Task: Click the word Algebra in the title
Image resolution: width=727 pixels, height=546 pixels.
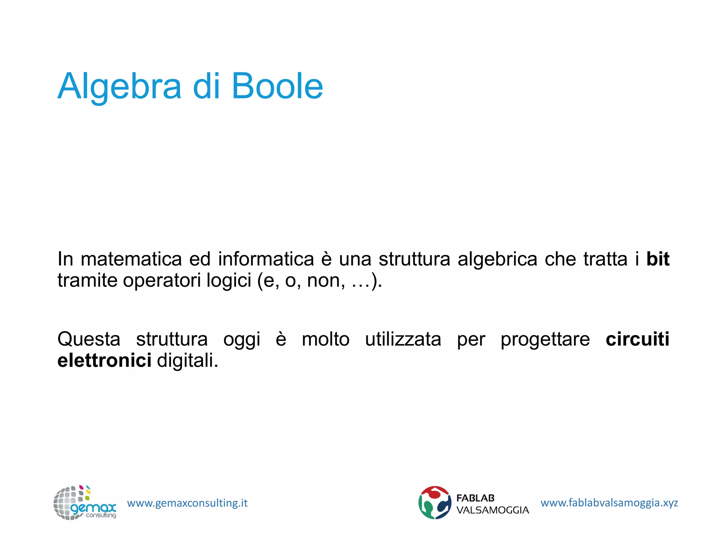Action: click(x=120, y=87)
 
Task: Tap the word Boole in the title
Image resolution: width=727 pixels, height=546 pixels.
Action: click(x=277, y=86)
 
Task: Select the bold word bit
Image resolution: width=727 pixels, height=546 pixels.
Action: click(x=658, y=259)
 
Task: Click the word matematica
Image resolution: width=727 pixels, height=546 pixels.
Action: click(x=131, y=259)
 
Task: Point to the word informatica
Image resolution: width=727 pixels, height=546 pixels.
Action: click(x=266, y=259)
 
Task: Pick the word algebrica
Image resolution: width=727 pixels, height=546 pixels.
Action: click(x=497, y=259)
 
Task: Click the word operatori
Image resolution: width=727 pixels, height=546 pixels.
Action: click(x=162, y=280)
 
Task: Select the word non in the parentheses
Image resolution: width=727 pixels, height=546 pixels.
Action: click(x=326, y=280)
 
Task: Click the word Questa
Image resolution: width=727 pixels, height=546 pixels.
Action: click(x=89, y=339)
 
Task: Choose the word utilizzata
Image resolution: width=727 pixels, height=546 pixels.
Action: click(x=403, y=339)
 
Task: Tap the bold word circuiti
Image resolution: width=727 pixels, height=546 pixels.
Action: click(x=638, y=339)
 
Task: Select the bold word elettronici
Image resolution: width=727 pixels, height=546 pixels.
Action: click(x=104, y=360)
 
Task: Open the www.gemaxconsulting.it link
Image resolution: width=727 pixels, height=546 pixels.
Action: click(x=187, y=503)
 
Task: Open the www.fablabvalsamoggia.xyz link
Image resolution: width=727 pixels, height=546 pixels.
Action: click(x=609, y=503)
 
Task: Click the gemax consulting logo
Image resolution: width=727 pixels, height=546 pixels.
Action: click(x=84, y=503)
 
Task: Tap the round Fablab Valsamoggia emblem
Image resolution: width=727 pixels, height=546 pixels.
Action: click(x=434, y=503)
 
